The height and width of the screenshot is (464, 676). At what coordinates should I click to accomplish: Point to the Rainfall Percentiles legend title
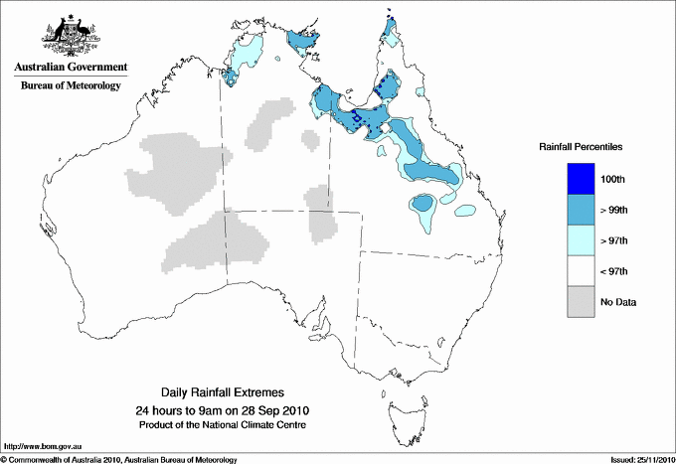pos(581,147)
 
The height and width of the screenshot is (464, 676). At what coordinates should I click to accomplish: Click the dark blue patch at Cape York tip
pos(391,22)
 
